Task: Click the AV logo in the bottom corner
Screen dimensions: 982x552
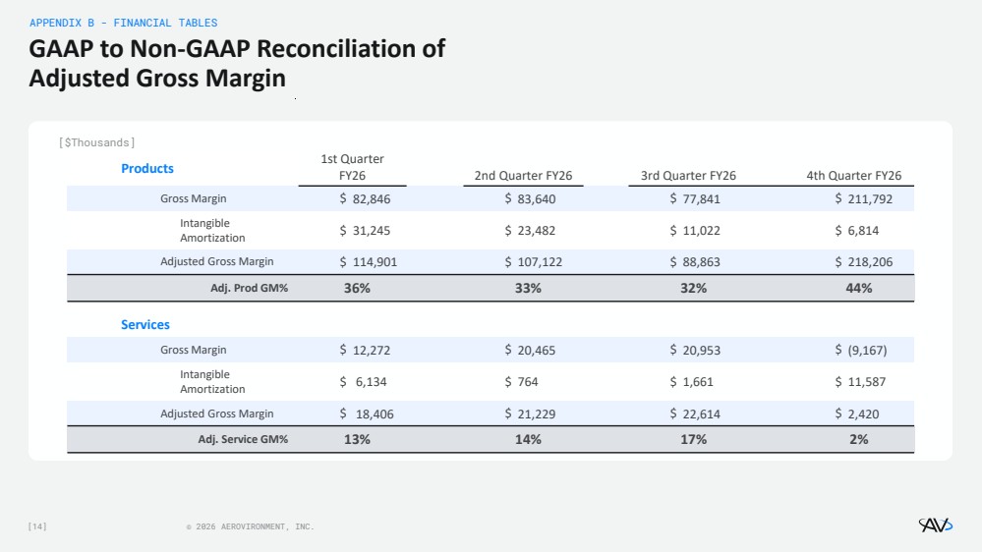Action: pyautogui.click(x=935, y=525)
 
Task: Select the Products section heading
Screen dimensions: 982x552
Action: pyautogui.click(x=147, y=168)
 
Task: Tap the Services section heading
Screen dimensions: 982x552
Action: pyautogui.click(x=145, y=324)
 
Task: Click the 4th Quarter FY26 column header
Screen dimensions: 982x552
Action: pyautogui.click(x=853, y=176)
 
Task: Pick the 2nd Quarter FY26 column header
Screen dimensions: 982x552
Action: pyautogui.click(x=523, y=176)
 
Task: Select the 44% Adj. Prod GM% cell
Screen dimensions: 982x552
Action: pyautogui.click(x=858, y=288)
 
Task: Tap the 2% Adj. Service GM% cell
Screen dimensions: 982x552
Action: pyautogui.click(x=858, y=439)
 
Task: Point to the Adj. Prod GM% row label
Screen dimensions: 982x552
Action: pyautogui.click(x=250, y=288)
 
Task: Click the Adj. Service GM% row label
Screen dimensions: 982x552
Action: pyautogui.click(x=243, y=439)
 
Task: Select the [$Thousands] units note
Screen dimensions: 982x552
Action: pyautogui.click(x=97, y=142)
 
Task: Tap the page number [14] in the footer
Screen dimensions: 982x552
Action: pyautogui.click(x=37, y=526)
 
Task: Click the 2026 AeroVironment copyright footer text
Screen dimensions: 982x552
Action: pyautogui.click(x=251, y=527)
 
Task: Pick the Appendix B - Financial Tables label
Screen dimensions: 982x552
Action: pyautogui.click(x=124, y=23)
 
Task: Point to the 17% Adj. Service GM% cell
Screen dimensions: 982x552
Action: pyautogui.click(x=693, y=439)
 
